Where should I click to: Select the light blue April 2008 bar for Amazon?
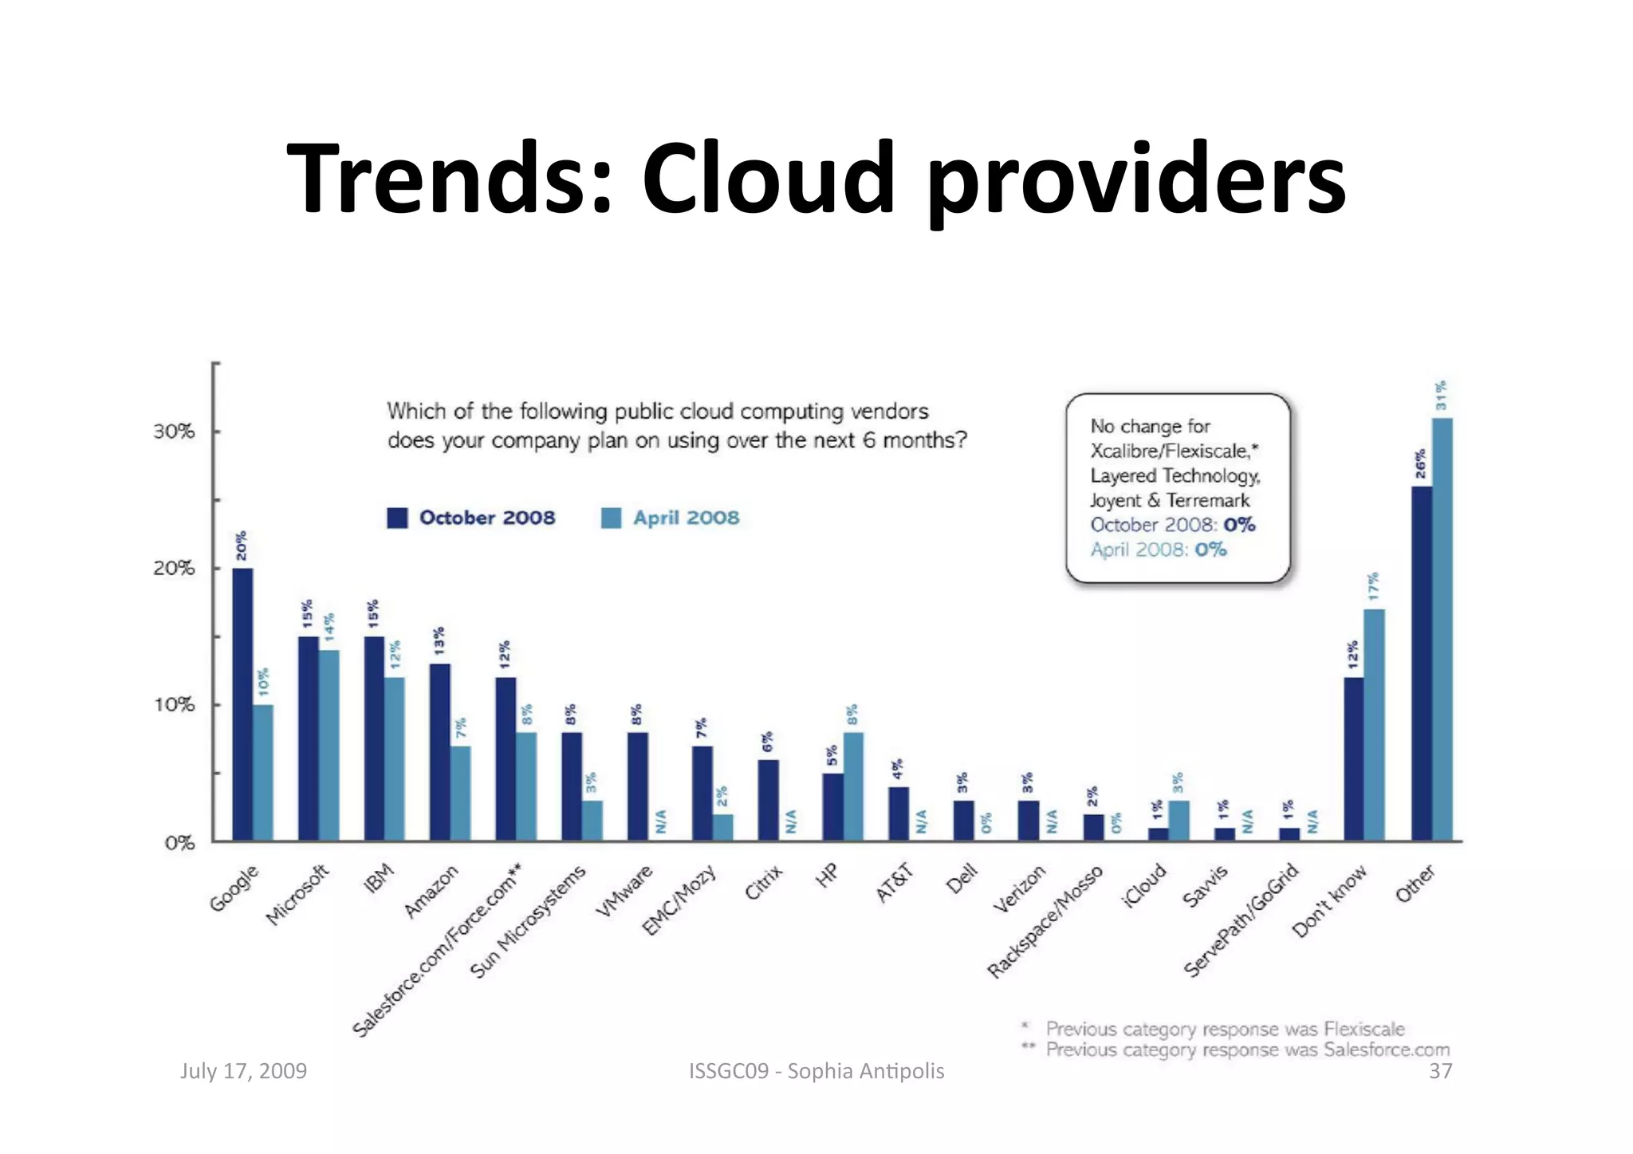click(461, 794)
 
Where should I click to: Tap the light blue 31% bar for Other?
click(1442, 630)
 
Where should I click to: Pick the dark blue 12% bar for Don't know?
click(1353, 759)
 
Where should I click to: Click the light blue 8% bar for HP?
click(853, 786)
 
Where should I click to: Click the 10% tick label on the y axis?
click(174, 705)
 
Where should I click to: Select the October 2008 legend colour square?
click(397, 518)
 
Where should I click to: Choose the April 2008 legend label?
click(686, 518)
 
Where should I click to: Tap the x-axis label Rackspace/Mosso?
click(1045, 921)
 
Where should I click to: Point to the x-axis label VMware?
click(624, 891)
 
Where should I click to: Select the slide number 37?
click(1440, 1071)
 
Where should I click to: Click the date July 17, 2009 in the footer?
click(243, 1070)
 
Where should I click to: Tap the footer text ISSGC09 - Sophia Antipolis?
click(816, 1070)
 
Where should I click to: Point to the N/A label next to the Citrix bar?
click(791, 821)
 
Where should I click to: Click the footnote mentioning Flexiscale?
click(1224, 1029)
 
